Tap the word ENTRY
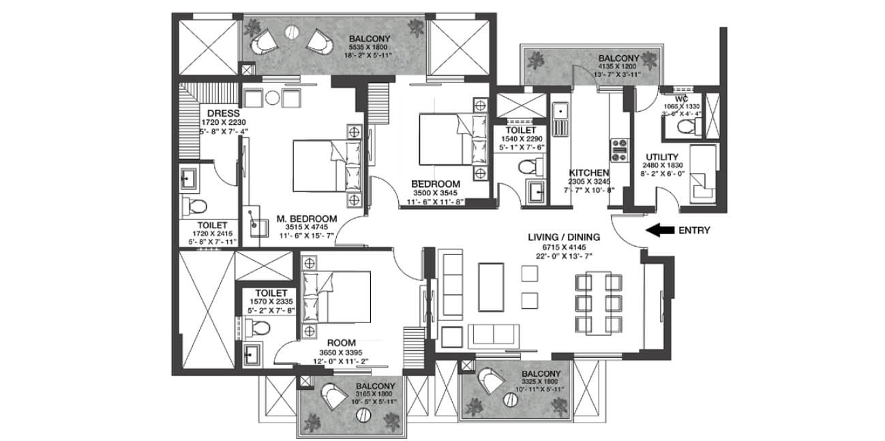[x=694, y=230]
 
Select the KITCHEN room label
[x=588, y=172]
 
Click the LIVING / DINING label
[x=564, y=237]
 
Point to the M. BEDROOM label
[x=306, y=218]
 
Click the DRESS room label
[x=213, y=112]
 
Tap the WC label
[x=682, y=97]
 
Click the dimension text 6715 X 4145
[x=564, y=247]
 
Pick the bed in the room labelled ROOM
[x=336, y=296]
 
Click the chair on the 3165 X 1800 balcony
[x=331, y=395]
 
